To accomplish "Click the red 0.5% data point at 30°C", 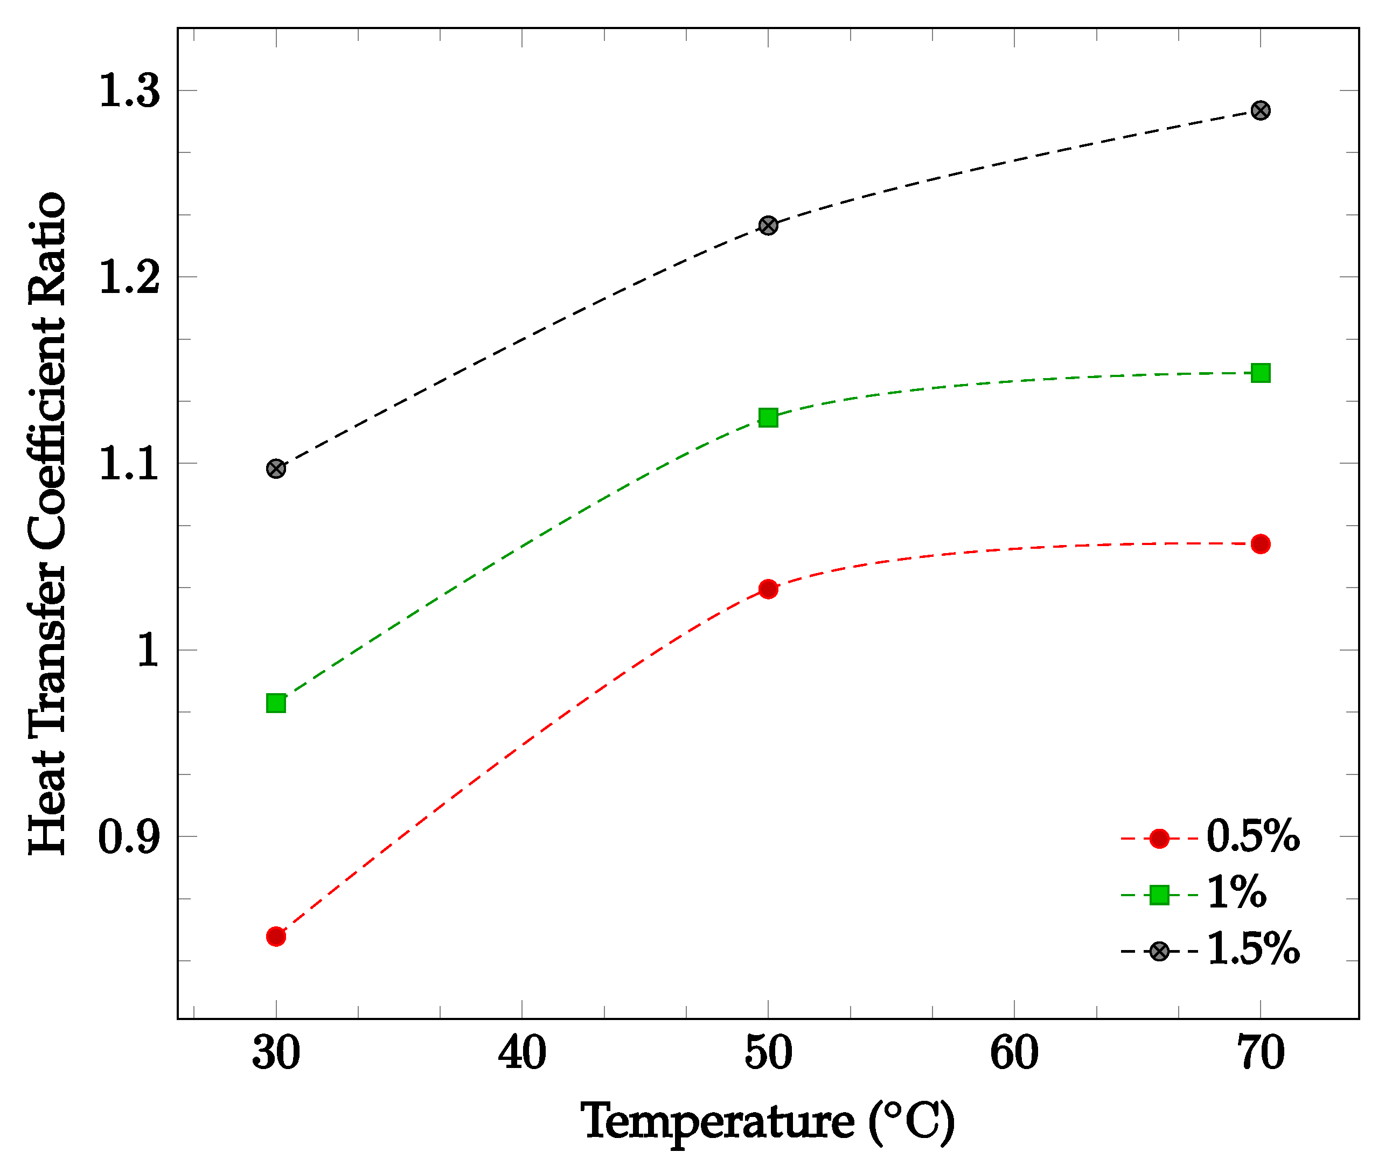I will pyautogui.click(x=276, y=937).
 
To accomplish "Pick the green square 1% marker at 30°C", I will pyautogui.click(x=276, y=703).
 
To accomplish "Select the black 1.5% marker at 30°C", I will pyautogui.click(x=276, y=469).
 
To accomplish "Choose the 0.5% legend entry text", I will pyautogui.click(x=1252, y=837).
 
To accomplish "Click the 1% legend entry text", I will pyautogui.click(x=1236, y=893).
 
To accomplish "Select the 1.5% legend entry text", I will pyautogui.click(x=1252, y=950).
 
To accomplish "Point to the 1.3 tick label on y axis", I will pyautogui.click(x=129, y=90).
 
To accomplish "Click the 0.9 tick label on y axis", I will pyautogui.click(x=129, y=837).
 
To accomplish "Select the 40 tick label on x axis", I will pyautogui.click(x=521, y=1053).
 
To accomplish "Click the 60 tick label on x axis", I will pyautogui.click(x=1014, y=1053).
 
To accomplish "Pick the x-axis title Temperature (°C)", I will pyautogui.click(x=768, y=1122).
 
